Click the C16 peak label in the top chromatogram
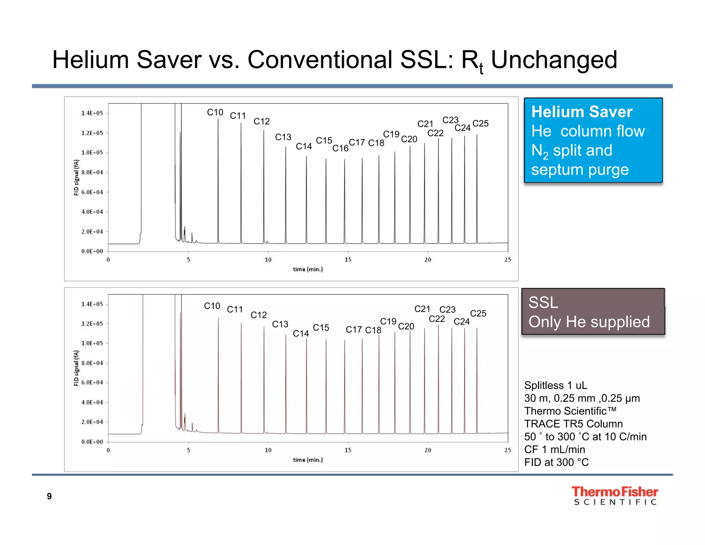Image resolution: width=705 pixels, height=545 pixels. coord(340,148)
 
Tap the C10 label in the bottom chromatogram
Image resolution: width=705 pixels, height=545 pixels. coord(212,306)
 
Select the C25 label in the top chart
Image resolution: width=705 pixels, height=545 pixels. coord(481,123)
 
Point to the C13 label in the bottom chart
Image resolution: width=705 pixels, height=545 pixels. coord(280,324)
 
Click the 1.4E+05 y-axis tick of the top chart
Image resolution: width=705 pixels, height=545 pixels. coord(92,113)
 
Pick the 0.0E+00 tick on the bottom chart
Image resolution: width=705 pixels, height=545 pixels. coord(92,442)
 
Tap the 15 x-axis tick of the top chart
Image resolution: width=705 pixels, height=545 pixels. coord(348,260)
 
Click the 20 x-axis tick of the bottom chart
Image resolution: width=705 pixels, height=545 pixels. coord(428,450)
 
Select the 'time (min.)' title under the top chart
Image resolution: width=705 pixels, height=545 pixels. coord(308,269)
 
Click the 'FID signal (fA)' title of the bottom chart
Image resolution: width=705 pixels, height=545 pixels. coord(76,368)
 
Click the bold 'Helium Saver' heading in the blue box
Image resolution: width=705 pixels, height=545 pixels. coord(582,112)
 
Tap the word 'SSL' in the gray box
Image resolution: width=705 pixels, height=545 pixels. coord(543,302)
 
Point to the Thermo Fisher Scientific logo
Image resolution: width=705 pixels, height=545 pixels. coord(615,495)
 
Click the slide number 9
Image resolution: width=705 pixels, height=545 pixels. coord(49,496)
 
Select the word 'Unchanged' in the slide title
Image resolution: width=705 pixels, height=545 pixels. coord(554,60)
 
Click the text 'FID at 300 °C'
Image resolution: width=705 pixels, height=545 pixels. coord(556,462)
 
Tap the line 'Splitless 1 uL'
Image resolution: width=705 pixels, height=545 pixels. coord(556,385)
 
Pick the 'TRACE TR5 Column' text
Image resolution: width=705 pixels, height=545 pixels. coord(574,423)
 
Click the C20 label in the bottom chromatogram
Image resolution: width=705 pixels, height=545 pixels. coord(406,326)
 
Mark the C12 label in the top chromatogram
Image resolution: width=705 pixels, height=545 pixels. coord(262,121)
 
